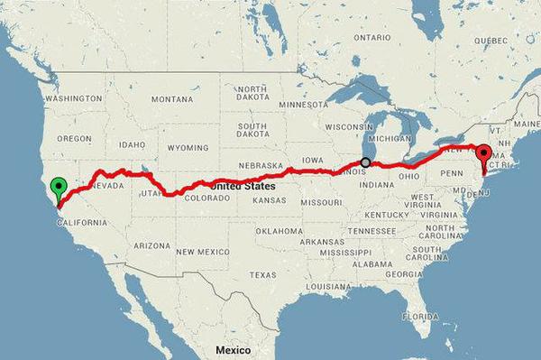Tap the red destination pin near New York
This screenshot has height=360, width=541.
484,154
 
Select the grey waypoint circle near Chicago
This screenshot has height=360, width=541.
365,162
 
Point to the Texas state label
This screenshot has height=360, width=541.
263,275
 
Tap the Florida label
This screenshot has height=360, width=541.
420,318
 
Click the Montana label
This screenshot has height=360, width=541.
172,98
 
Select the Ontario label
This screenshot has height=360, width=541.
372,38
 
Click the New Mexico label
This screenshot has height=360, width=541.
206,251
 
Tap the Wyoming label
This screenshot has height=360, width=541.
188,146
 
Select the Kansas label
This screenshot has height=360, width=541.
270,200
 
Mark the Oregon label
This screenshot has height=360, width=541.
74,138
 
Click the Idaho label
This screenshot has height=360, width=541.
132,144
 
